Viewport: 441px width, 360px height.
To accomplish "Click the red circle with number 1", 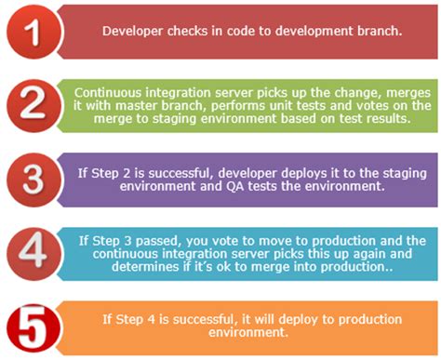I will click(x=33, y=33).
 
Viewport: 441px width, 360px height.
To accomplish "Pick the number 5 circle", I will click(x=34, y=324).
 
